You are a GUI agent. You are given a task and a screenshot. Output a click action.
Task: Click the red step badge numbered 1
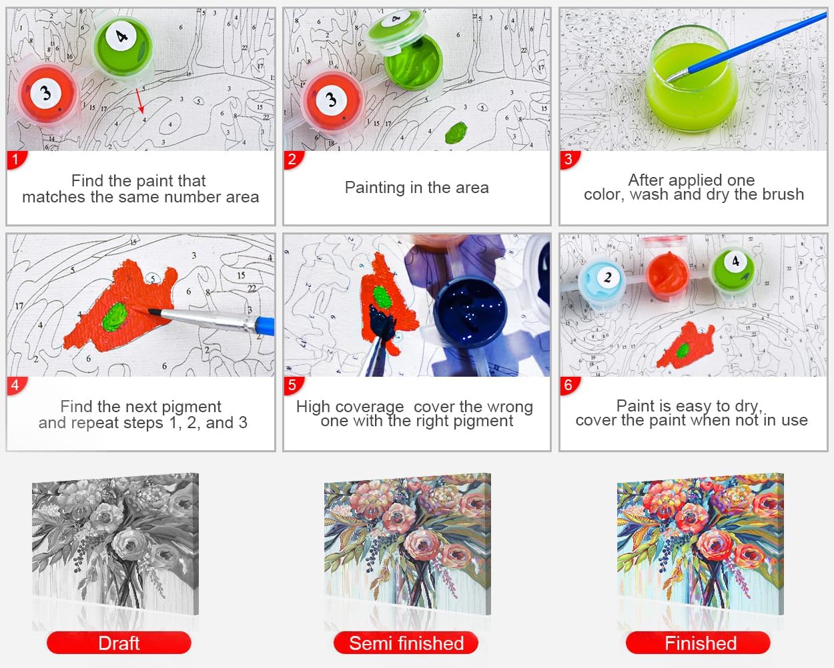coord(16,160)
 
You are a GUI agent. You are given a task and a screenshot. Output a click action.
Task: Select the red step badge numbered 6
coord(569,385)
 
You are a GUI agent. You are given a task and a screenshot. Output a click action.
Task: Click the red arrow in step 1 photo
coord(140,101)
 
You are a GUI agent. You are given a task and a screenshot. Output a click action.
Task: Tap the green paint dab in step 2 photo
coord(456,132)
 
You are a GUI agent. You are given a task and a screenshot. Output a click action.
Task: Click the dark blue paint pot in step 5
coord(469,310)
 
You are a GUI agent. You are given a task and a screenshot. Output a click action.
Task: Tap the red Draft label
coord(119,643)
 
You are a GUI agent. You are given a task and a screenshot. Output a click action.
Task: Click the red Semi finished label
coord(406,643)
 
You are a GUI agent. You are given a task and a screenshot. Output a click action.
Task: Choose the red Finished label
coord(698,643)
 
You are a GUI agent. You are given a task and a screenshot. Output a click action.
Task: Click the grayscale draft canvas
coord(115,543)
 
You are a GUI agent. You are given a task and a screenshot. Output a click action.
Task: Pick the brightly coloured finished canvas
coord(701,543)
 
